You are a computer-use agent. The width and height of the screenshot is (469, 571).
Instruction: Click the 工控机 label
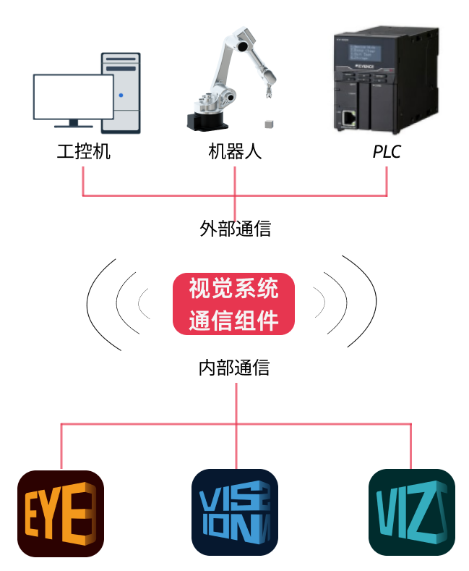[x=84, y=152]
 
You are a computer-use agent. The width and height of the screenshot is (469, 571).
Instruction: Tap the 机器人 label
[x=235, y=152]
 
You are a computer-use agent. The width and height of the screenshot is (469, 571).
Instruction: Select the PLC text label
[x=387, y=152]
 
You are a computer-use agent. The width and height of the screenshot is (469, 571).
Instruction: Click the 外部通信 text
[x=235, y=229]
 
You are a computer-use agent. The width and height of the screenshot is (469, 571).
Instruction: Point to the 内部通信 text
[x=235, y=368]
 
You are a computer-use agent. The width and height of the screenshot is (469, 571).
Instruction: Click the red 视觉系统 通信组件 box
[x=234, y=303]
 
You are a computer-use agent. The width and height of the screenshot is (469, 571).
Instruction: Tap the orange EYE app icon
[x=61, y=513]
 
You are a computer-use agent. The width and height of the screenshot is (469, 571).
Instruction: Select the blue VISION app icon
[x=235, y=513]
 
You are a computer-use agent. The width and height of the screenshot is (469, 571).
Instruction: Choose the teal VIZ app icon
[x=411, y=513]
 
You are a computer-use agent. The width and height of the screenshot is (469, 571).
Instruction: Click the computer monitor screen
[x=73, y=97]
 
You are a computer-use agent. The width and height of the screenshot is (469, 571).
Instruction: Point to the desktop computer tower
[x=121, y=92]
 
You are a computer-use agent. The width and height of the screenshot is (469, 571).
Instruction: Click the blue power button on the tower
[x=121, y=95]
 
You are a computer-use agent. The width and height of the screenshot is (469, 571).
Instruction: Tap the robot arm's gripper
[x=267, y=90]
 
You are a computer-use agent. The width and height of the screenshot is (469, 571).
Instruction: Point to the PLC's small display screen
[x=366, y=54]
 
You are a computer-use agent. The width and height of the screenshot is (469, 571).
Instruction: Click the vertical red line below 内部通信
[x=236, y=402]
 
